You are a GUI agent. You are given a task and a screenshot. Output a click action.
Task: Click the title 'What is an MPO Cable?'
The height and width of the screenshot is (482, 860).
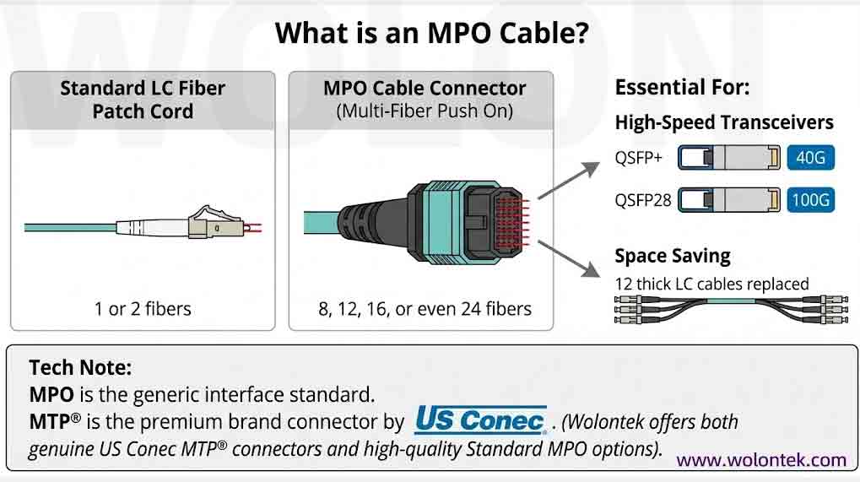(x=431, y=35)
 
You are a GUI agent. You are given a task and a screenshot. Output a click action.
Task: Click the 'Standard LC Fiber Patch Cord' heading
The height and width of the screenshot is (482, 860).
(x=143, y=100)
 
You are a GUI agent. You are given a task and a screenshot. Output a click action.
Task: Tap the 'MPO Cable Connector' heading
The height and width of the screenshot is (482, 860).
(x=425, y=89)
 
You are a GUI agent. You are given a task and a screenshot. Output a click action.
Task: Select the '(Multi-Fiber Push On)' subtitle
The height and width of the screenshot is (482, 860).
(x=425, y=111)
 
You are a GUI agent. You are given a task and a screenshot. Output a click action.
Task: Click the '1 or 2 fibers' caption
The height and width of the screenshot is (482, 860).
(x=143, y=308)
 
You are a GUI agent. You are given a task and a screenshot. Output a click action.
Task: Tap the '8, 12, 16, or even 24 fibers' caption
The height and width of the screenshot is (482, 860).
(x=425, y=308)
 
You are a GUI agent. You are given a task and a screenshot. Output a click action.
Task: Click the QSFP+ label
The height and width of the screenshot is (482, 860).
(x=639, y=158)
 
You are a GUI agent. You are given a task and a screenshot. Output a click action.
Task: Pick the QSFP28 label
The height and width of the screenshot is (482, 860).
(x=642, y=200)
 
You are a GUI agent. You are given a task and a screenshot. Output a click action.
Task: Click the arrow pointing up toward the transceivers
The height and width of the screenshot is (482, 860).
(x=564, y=182)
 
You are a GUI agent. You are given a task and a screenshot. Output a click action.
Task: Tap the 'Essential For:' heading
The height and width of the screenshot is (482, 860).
(x=682, y=88)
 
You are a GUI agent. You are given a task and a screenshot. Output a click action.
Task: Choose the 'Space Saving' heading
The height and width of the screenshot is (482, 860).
(x=673, y=256)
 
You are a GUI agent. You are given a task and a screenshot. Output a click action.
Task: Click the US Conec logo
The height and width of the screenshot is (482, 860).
(x=480, y=420)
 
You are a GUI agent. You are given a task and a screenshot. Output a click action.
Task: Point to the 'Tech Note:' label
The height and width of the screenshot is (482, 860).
(x=80, y=368)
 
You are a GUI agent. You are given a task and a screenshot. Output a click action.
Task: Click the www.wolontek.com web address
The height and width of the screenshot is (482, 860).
(x=760, y=460)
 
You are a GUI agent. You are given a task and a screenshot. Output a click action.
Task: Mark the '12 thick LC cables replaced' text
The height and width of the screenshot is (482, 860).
(x=711, y=284)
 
